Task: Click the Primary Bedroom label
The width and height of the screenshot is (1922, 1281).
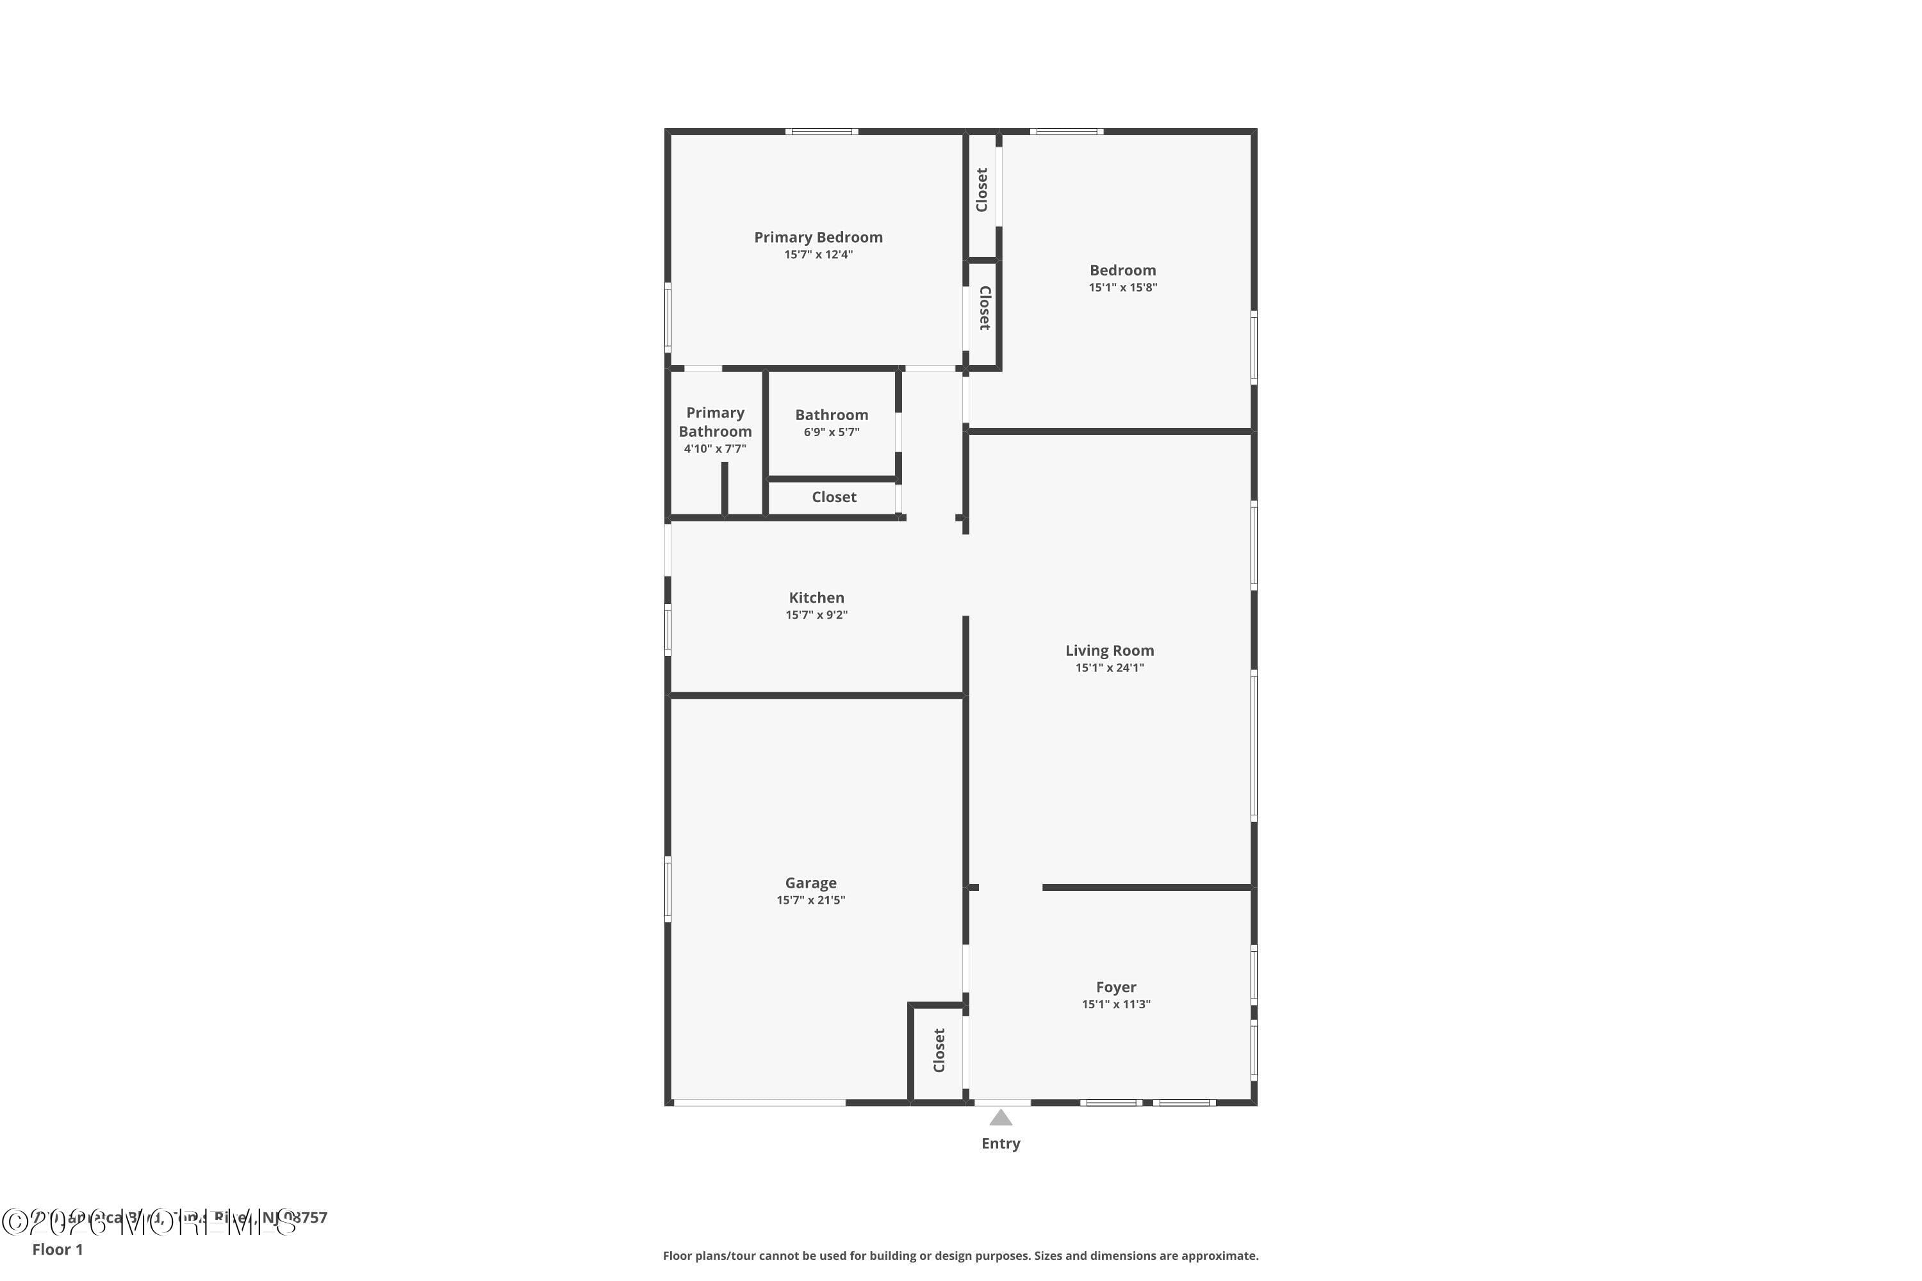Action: coord(818,237)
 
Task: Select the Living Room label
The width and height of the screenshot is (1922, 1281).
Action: coord(1109,650)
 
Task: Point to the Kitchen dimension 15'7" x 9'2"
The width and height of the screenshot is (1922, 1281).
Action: coord(816,615)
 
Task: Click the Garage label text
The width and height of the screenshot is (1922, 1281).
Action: coord(810,883)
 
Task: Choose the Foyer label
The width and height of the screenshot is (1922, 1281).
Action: coord(1115,987)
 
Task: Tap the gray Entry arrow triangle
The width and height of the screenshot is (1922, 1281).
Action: coord(1000,1118)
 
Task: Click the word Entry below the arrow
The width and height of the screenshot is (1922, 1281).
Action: coord(1000,1144)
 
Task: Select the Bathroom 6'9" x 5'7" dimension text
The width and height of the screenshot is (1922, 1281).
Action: coord(831,432)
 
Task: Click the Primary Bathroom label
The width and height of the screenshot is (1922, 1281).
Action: coord(714,421)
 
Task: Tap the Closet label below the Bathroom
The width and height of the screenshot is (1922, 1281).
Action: coord(834,497)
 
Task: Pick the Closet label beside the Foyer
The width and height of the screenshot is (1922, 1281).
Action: coord(939,1050)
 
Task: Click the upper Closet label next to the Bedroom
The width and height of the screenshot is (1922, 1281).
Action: coord(982,190)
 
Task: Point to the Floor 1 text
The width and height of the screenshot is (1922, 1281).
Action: coord(57,1249)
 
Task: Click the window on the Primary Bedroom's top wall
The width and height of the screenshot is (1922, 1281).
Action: coord(821,131)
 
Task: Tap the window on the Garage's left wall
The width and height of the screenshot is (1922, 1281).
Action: coord(668,889)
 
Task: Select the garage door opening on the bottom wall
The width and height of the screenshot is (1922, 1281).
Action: coord(759,1103)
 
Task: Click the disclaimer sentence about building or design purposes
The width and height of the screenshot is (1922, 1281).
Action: coord(960,1255)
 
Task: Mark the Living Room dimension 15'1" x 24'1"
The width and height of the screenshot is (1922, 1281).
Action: coord(1109,667)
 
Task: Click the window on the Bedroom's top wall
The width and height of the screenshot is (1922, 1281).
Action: coord(1067,131)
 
